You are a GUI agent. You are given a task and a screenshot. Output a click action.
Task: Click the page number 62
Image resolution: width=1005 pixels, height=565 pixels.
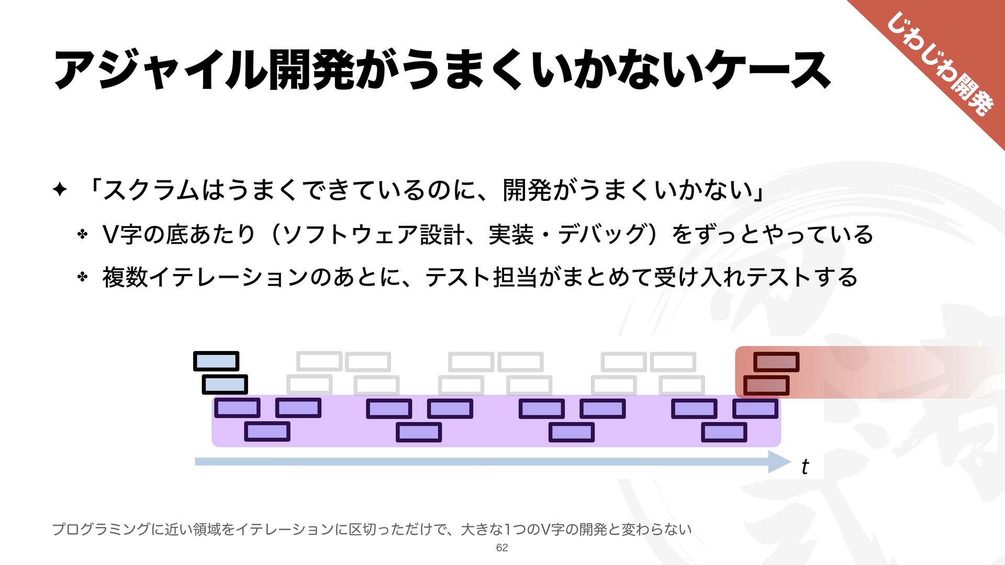[502, 548]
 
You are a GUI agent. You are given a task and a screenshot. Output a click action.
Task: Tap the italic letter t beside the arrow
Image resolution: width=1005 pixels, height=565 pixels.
[805, 466]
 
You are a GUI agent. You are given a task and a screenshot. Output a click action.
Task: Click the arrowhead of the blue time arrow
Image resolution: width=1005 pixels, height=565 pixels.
[780, 461]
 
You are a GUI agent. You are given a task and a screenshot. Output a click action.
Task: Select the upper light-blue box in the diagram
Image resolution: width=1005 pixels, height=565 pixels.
[216, 361]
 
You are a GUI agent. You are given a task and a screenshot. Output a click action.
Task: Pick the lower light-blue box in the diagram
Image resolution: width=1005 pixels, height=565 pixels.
[225, 385]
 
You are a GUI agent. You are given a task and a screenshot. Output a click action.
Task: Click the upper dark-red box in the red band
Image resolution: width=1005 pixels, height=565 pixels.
[776, 361]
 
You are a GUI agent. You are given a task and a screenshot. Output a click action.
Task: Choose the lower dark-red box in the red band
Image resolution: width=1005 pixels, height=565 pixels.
[766, 386]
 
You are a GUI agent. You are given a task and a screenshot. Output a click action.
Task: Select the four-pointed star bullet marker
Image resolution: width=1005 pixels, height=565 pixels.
[60, 190]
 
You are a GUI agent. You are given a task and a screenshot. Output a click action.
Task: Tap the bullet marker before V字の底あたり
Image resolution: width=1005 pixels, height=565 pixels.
[82, 234]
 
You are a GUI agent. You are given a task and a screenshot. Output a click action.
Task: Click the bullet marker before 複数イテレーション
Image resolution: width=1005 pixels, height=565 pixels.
[82, 277]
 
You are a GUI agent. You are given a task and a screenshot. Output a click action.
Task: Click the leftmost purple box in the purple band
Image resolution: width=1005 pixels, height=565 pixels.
[237, 408]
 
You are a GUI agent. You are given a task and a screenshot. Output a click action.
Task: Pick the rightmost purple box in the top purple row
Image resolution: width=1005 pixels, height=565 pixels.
[755, 408]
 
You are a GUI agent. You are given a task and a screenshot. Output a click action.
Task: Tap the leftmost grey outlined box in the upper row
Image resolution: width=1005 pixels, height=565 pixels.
[319, 361]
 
